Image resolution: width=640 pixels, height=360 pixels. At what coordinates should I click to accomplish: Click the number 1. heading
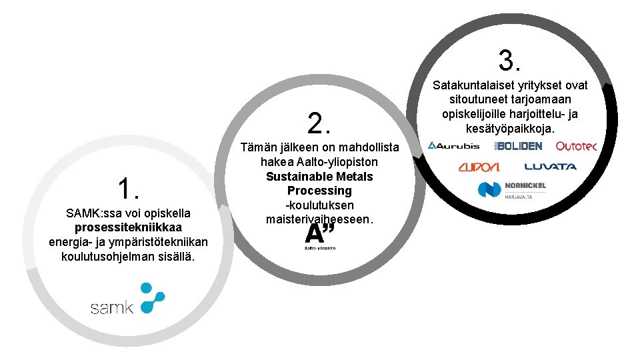pyautogui.click(x=127, y=189)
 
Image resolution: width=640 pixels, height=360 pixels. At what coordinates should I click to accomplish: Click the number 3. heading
pyautogui.click(x=509, y=61)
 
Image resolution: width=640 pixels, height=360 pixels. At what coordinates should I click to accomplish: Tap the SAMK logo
pyautogui.click(x=127, y=299)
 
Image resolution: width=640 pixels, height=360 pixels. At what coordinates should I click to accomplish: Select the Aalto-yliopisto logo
pyautogui.click(x=320, y=236)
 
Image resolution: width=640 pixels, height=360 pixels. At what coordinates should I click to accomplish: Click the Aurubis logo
pyautogui.click(x=453, y=145)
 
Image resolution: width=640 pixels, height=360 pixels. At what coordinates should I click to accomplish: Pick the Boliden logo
pyautogui.click(x=518, y=145)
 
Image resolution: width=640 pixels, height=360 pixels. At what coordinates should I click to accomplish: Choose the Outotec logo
pyautogui.click(x=575, y=145)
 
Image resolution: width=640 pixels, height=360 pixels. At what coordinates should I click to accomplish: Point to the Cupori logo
pyautogui.click(x=478, y=166)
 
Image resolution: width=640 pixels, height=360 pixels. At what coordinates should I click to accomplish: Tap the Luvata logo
pyautogui.click(x=550, y=166)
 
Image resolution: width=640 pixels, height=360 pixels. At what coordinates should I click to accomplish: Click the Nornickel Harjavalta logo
pyautogui.click(x=512, y=189)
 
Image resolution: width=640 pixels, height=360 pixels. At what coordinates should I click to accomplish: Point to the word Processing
pyautogui.click(x=319, y=191)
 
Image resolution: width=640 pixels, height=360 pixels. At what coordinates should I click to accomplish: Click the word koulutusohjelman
pyautogui.click(x=103, y=257)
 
